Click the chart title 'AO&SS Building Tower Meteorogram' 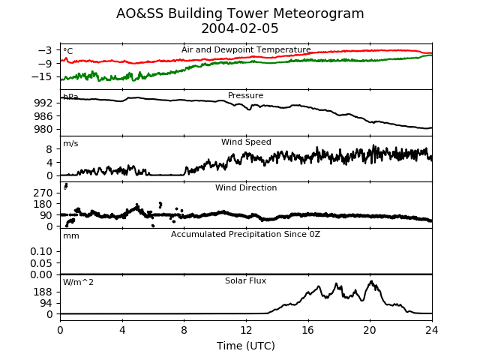[240, 13]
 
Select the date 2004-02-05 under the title [240, 28]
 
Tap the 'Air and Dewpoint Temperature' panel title [246, 49]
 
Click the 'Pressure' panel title [245, 95]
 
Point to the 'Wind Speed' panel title [246, 142]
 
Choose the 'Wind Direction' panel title [246, 187]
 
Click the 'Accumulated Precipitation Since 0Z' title [245, 235]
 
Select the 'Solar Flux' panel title [245, 280]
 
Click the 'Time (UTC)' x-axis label [246, 346]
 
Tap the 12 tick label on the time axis [246, 330]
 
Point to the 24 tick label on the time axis [432, 330]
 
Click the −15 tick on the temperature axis [42, 76]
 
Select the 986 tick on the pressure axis [43, 116]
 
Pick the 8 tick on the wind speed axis [49, 149]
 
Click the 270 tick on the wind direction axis [43, 193]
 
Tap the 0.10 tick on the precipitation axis [41, 252]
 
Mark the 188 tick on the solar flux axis [43, 292]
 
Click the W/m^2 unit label [78, 282]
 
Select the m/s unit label [70, 143]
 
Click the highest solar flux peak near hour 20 [371, 281]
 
